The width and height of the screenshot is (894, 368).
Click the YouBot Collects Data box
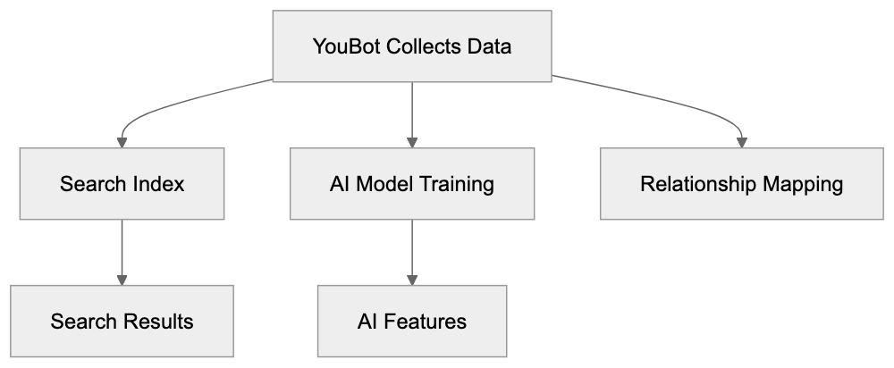412,46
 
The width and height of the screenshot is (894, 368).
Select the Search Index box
122,184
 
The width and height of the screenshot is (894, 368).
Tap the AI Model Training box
412,184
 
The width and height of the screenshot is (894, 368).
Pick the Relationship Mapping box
741,184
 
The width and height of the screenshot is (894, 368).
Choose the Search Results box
122,321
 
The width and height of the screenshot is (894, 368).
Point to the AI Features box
412,321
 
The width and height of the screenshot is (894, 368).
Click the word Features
432,321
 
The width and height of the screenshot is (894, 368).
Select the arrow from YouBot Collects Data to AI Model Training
412,112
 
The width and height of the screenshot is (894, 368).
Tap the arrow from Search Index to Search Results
122,250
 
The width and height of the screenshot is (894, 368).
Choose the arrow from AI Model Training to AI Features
412,250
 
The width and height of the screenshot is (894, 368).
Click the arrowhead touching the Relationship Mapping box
741,141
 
